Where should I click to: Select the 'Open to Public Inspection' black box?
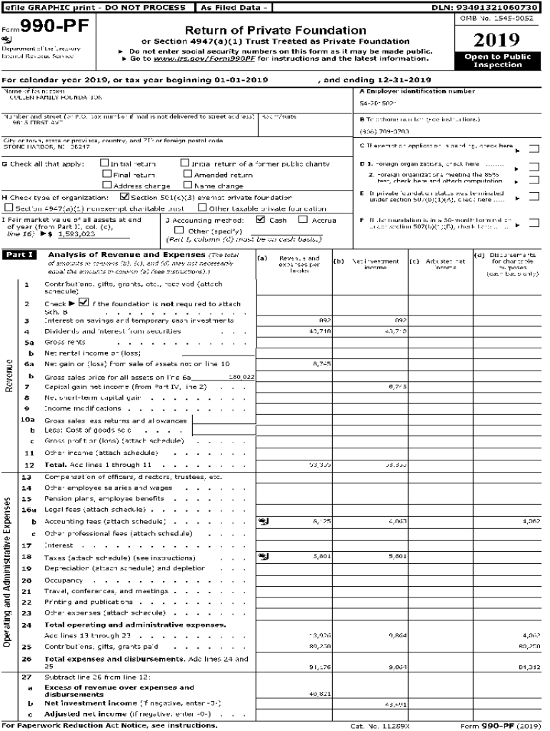[x=497, y=61]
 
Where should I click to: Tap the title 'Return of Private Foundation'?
[x=275, y=31]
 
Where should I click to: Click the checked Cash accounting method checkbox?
[x=260, y=220]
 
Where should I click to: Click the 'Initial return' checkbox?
[x=106, y=163]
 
